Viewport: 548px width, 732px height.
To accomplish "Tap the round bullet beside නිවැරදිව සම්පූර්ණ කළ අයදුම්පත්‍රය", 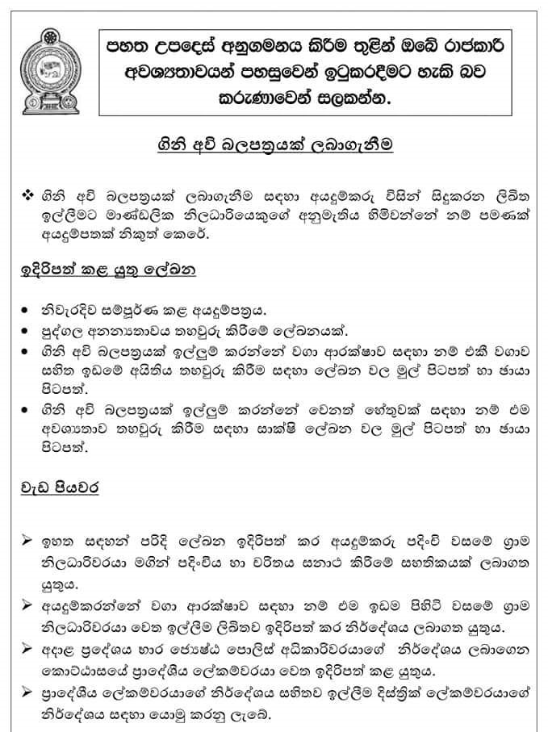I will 27,312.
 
